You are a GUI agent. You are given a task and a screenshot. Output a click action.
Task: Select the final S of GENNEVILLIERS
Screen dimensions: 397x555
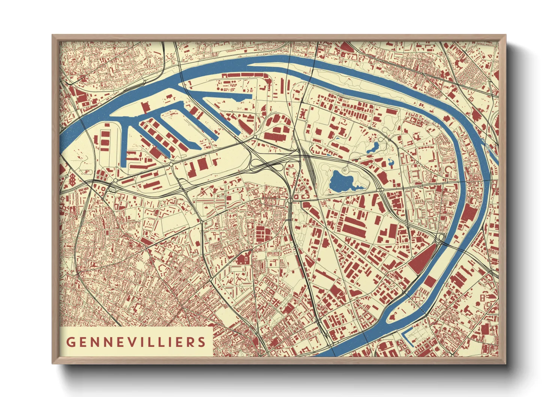(202, 342)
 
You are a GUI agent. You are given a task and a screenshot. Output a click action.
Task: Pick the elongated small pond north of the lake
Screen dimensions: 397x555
(373, 147)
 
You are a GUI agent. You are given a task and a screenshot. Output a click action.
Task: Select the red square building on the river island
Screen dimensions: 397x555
(430, 282)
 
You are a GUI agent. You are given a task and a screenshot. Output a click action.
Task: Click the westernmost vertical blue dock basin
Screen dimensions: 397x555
(125, 143)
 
